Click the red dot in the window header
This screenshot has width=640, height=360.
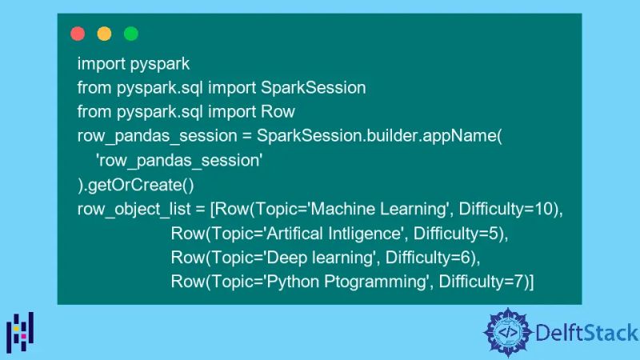click(x=78, y=34)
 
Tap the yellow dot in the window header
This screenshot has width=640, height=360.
click(x=104, y=34)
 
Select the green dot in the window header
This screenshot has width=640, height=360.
click(x=130, y=34)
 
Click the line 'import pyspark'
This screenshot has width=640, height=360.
click(x=133, y=64)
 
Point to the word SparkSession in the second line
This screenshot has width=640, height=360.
click(x=320, y=87)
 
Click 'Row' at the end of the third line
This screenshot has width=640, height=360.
click(x=278, y=111)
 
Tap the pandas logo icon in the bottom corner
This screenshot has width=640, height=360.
click(x=20, y=330)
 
